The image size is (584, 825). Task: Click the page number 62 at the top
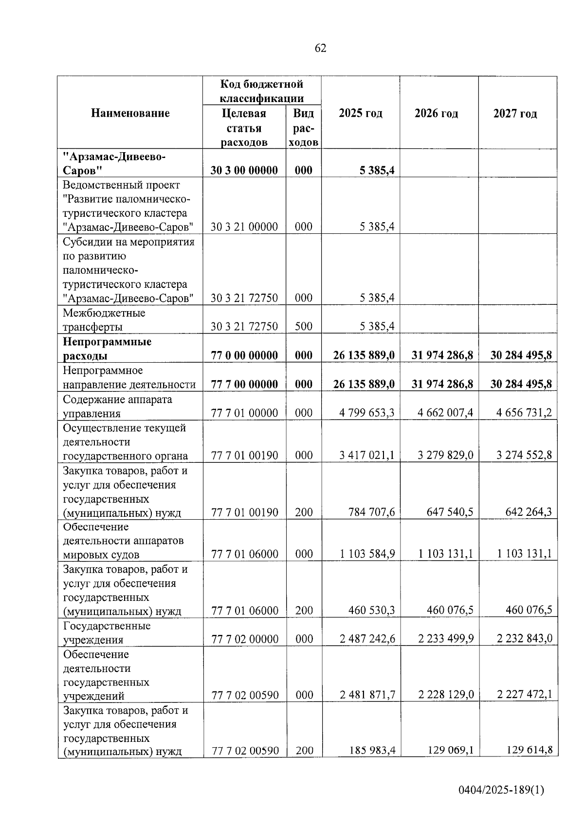320,48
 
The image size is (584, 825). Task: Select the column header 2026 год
436,114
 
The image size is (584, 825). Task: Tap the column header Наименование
130,114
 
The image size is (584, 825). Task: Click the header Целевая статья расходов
244,128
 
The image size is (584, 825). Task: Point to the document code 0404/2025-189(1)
501,790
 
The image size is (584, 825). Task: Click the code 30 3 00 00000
244,171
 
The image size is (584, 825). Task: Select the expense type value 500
304,327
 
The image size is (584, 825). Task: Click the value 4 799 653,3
367,413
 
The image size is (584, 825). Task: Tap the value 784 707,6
371,512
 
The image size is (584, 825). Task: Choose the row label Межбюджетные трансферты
104,320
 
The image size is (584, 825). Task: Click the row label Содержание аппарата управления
117,406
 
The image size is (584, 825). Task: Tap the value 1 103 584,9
367,554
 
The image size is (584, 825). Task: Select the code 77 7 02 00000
245,639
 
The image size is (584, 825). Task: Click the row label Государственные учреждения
107,632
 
